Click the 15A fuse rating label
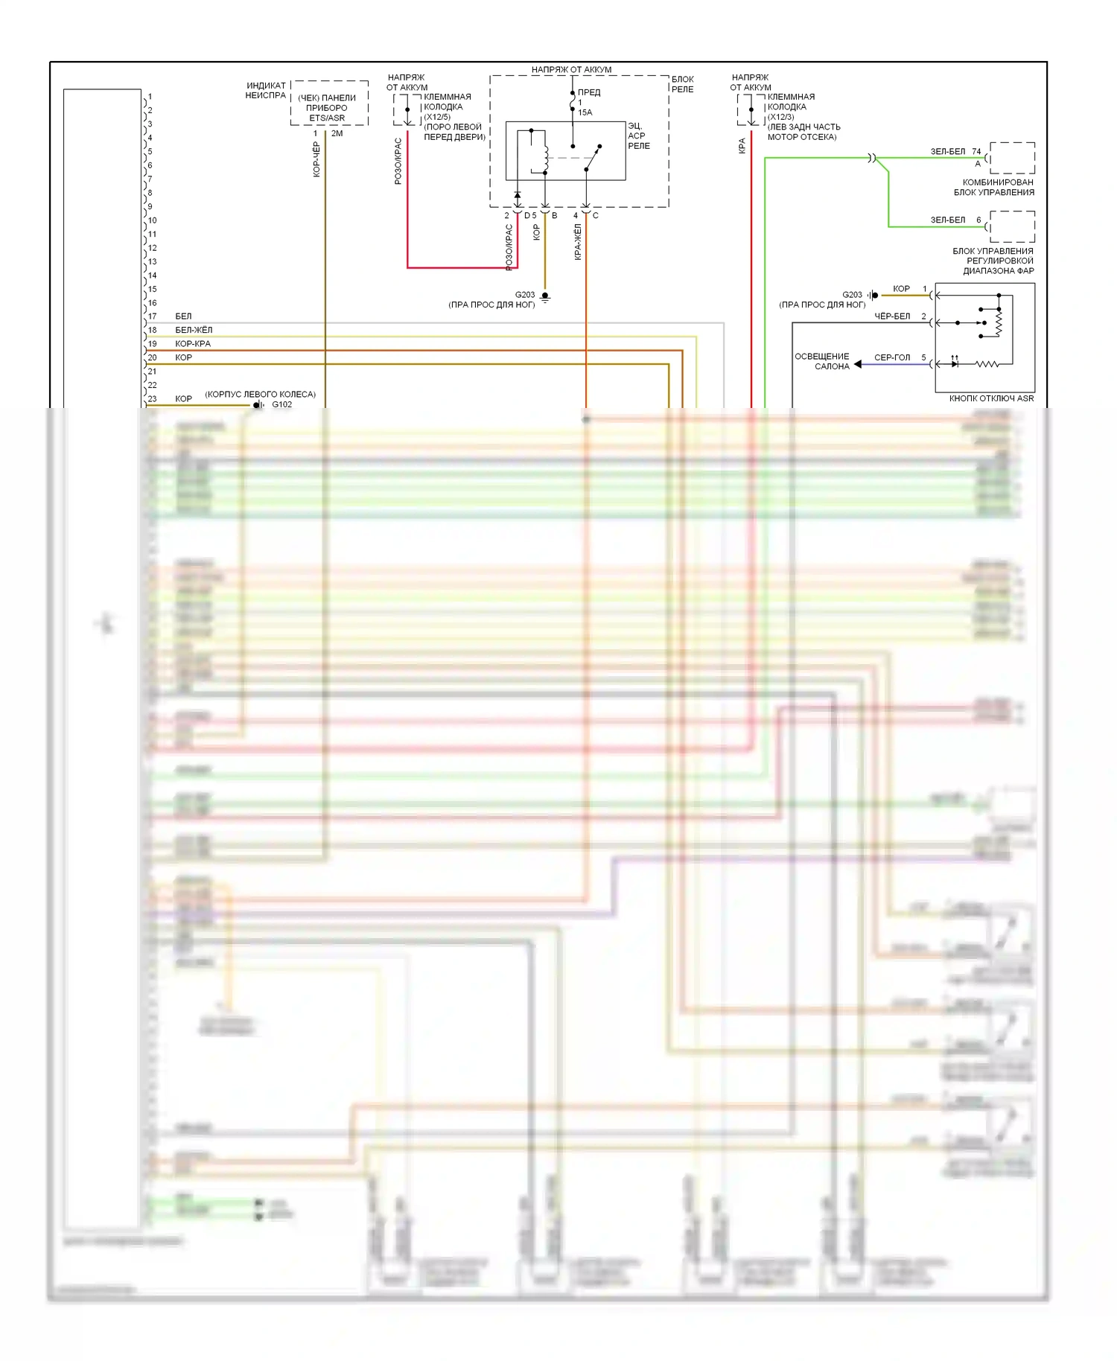pos(585,112)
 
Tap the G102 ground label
pos(281,405)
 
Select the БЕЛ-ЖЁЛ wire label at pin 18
pos(194,330)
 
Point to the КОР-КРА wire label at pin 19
pos(193,344)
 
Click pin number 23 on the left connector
pos(153,399)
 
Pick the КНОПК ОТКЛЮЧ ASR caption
pos(991,398)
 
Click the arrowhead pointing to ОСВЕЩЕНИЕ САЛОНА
pos(858,364)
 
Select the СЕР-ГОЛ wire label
pos(892,357)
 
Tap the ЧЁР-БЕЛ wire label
pos(892,316)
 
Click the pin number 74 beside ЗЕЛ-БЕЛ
pos(976,151)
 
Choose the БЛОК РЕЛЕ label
pos(682,84)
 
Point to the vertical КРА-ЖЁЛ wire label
pos(578,242)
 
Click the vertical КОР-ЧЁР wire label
pos(316,159)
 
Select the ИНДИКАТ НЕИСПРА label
pos(266,90)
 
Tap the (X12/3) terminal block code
pos(781,117)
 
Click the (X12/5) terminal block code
pos(437,117)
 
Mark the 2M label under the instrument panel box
pos(337,134)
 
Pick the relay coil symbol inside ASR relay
pos(546,156)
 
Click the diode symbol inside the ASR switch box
pos(955,364)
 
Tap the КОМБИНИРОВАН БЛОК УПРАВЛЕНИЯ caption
pos(996,187)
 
